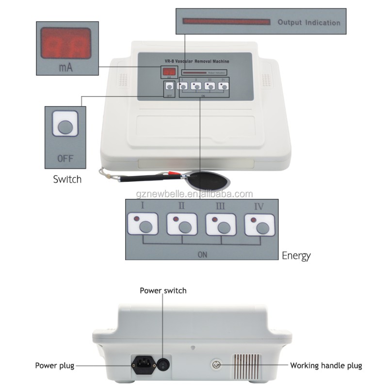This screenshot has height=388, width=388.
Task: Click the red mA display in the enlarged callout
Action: [x=65, y=44]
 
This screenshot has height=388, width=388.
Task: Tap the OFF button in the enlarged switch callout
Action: [x=65, y=127]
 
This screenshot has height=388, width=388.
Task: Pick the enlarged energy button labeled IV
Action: [x=260, y=224]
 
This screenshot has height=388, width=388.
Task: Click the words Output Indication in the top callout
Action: [x=308, y=22]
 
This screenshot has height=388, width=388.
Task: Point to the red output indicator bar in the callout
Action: [x=226, y=22]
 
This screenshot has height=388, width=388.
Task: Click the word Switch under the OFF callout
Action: [x=67, y=179]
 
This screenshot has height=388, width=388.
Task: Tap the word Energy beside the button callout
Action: [x=296, y=256]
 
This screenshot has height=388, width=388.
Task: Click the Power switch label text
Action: [x=163, y=291]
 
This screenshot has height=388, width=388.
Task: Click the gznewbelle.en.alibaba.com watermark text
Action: [x=194, y=194]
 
